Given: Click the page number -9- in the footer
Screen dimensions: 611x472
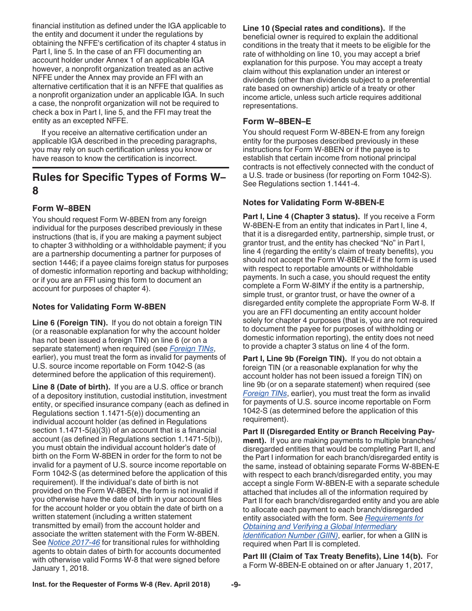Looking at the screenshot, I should [236, 584].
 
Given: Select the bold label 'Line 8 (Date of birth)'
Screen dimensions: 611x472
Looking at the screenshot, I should [72, 387].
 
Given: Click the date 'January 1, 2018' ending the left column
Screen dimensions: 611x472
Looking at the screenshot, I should [59, 568].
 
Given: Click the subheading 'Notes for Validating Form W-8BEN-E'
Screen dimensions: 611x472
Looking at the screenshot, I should [313, 202].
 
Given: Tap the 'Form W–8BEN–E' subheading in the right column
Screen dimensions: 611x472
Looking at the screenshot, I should [277, 121].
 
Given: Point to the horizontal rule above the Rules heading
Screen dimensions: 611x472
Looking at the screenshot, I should [130, 167].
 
